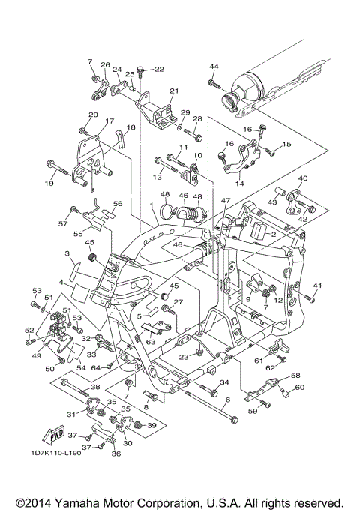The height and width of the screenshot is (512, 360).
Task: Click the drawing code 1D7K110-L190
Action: tap(56, 453)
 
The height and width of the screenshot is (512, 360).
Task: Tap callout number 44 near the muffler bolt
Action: tap(214, 66)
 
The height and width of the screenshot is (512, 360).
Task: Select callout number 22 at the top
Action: tap(159, 69)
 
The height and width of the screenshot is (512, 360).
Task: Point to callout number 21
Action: tap(174, 91)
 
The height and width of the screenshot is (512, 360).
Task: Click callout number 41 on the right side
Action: tap(317, 286)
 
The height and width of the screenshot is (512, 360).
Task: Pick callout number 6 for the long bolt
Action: tap(228, 400)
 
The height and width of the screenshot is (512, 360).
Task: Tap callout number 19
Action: tap(49, 184)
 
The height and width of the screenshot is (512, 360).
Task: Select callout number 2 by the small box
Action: tap(274, 234)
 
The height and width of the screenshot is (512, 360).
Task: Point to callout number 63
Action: tap(151, 342)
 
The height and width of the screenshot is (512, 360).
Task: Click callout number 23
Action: tap(184, 357)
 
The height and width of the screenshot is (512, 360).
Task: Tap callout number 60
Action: tap(299, 387)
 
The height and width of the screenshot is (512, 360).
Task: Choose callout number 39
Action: tap(151, 425)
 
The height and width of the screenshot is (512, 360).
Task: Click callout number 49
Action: tap(37, 355)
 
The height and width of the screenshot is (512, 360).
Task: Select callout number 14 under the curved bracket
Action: tap(239, 184)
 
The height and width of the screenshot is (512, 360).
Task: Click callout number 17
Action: tap(109, 121)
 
